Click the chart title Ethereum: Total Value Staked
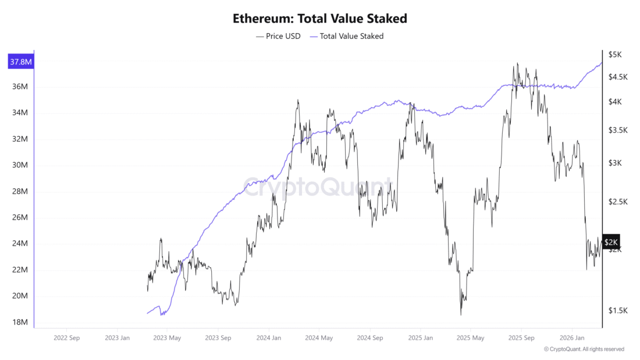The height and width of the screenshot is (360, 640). pyautogui.click(x=319, y=18)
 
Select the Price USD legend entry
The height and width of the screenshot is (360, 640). pyautogui.click(x=278, y=36)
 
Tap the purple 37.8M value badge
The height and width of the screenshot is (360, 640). pyautogui.click(x=20, y=62)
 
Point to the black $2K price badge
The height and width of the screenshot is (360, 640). pyautogui.click(x=611, y=241)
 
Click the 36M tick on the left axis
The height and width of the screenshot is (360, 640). pyautogui.click(x=20, y=87)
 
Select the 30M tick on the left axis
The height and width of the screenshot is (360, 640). pyautogui.click(x=20, y=165)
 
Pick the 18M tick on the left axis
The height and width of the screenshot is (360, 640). pyautogui.click(x=20, y=322)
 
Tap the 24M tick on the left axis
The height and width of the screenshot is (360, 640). pyautogui.click(x=20, y=244)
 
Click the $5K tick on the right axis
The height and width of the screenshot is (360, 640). pyautogui.click(x=615, y=54)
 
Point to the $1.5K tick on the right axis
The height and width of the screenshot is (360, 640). pyautogui.click(x=618, y=311)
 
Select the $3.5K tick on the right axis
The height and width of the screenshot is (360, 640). pyautogui.click(x=618, y=130)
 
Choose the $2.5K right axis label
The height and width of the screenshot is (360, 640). pyautogui.click(x=618, y=202)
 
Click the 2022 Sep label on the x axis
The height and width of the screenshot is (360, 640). pyautogui.click(x=67, y=337)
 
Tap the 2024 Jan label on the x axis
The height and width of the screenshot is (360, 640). pyautogui.click(x=269, y=337)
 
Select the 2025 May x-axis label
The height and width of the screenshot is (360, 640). pyautogui.click(x=470, y=337)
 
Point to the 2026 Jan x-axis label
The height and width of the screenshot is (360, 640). pyautogui.click(x=571, y=337)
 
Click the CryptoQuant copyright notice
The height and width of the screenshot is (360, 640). pyautogui.click(x=584, y=349)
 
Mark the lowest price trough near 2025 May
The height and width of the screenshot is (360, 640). pyautogui.click(x=461, y=315)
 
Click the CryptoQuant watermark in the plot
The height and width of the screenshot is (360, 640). pyautogui.click(x=317, y=188)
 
